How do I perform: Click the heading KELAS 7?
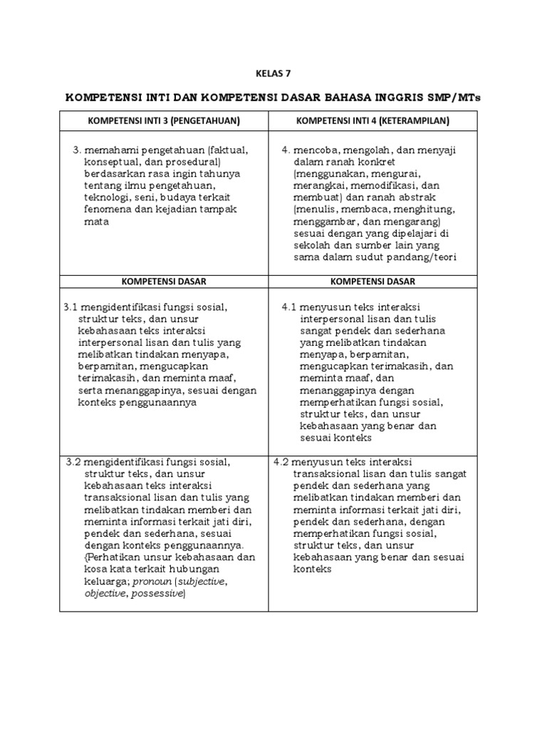(273, 73)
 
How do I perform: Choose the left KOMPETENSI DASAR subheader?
(163, 281)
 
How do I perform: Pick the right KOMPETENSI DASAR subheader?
(373, 281)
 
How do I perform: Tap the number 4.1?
(289, 307)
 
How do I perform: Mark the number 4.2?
(282, 461)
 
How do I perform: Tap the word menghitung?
(423, 210)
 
